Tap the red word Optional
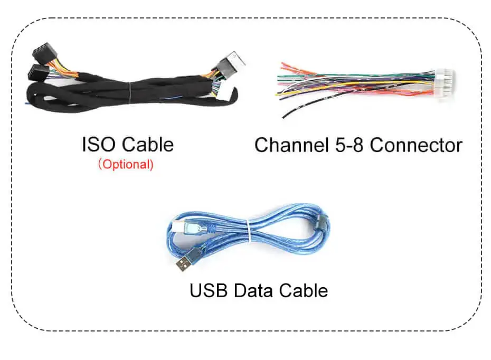[126, 164]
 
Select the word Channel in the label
[291, 145]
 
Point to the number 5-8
[349, 145]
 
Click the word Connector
[416, 146]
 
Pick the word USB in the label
[209, 290]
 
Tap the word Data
[253, 290]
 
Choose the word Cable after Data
[304, 290]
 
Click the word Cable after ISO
[148, 144]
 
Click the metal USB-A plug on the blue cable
[183, 265]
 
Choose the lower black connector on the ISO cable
[38, 73]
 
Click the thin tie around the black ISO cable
[129, 92]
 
